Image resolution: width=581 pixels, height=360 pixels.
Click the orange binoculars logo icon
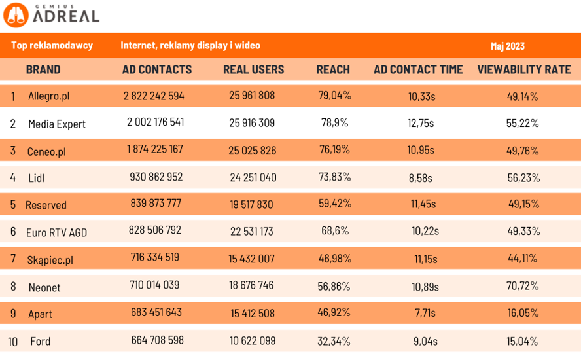16,15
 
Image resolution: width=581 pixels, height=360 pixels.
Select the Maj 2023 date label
507,46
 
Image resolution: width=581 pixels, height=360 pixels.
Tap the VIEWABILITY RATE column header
523,69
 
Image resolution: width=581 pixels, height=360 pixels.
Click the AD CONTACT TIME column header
418,69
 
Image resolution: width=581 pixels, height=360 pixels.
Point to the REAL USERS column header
253,69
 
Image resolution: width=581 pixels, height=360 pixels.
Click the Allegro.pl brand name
48,96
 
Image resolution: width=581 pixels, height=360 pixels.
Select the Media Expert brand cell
57,124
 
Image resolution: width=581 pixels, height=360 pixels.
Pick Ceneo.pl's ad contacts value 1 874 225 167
155,149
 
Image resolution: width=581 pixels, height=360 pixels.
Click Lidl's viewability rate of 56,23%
523,177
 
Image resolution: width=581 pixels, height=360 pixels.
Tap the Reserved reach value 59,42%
334,204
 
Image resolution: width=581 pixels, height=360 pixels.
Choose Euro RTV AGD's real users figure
252,231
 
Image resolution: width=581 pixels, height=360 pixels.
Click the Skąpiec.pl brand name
50,260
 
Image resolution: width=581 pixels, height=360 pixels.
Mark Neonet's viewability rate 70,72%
522,286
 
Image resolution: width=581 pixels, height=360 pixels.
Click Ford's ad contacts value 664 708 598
157,340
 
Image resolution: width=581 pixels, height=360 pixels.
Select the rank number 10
13,342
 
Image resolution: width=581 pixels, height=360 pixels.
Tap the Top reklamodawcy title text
52,46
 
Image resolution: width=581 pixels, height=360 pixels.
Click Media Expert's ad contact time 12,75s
420,123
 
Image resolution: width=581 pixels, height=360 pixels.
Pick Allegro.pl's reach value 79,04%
334,96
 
